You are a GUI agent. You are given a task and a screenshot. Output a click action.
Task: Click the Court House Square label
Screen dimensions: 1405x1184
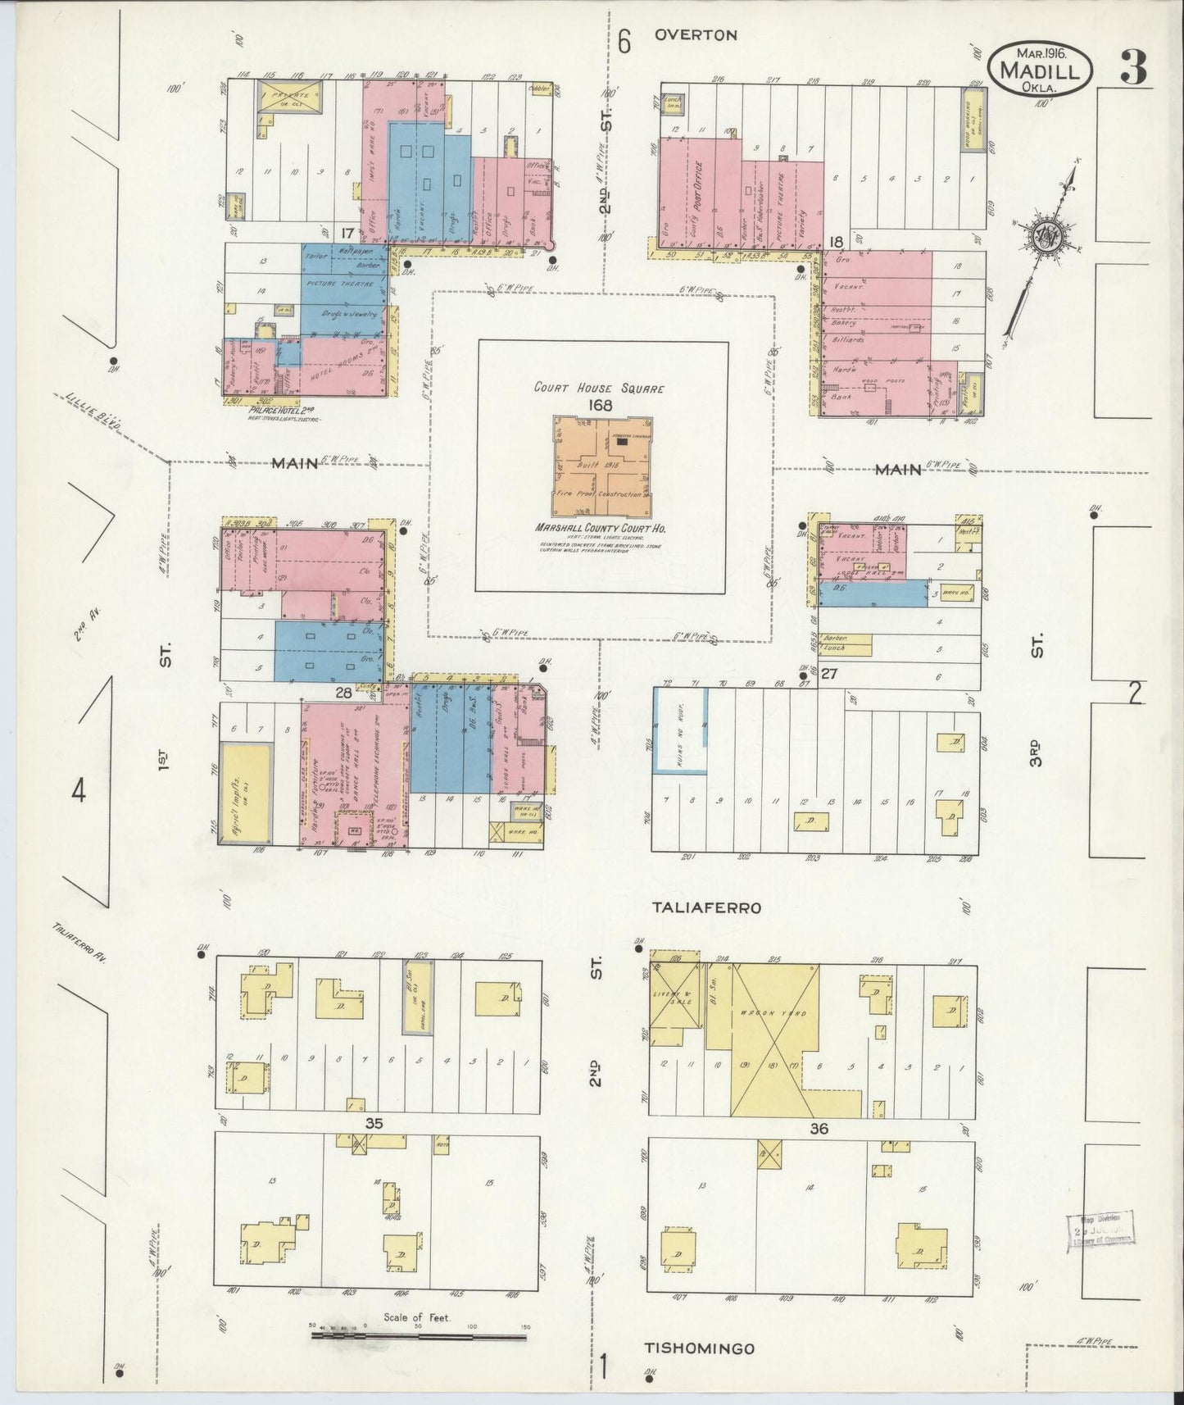(599, 389)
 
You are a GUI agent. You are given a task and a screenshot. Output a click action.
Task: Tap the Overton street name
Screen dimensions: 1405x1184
(696, 35)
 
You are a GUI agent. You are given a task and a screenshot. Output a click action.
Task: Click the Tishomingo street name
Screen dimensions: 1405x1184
(698, 1348)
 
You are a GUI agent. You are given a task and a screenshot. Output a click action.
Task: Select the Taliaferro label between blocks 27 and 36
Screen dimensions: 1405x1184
(707, 907)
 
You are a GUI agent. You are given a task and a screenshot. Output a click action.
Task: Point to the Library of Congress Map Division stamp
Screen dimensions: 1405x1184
(1100, 1228)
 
